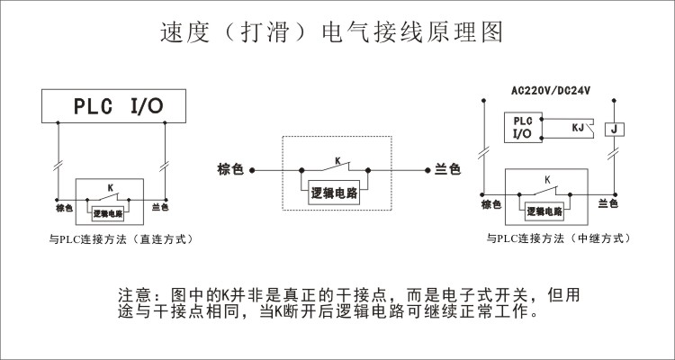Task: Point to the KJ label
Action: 580,130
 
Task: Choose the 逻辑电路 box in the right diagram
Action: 544,212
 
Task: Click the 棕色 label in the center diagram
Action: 230,168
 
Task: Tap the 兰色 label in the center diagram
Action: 447,168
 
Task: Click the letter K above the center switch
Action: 337,159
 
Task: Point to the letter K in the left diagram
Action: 110,187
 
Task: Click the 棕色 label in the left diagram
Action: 63,207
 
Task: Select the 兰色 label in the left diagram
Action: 160,207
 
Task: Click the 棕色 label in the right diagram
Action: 490,204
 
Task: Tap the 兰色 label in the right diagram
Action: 607,204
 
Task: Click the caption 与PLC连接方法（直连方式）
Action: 121,239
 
